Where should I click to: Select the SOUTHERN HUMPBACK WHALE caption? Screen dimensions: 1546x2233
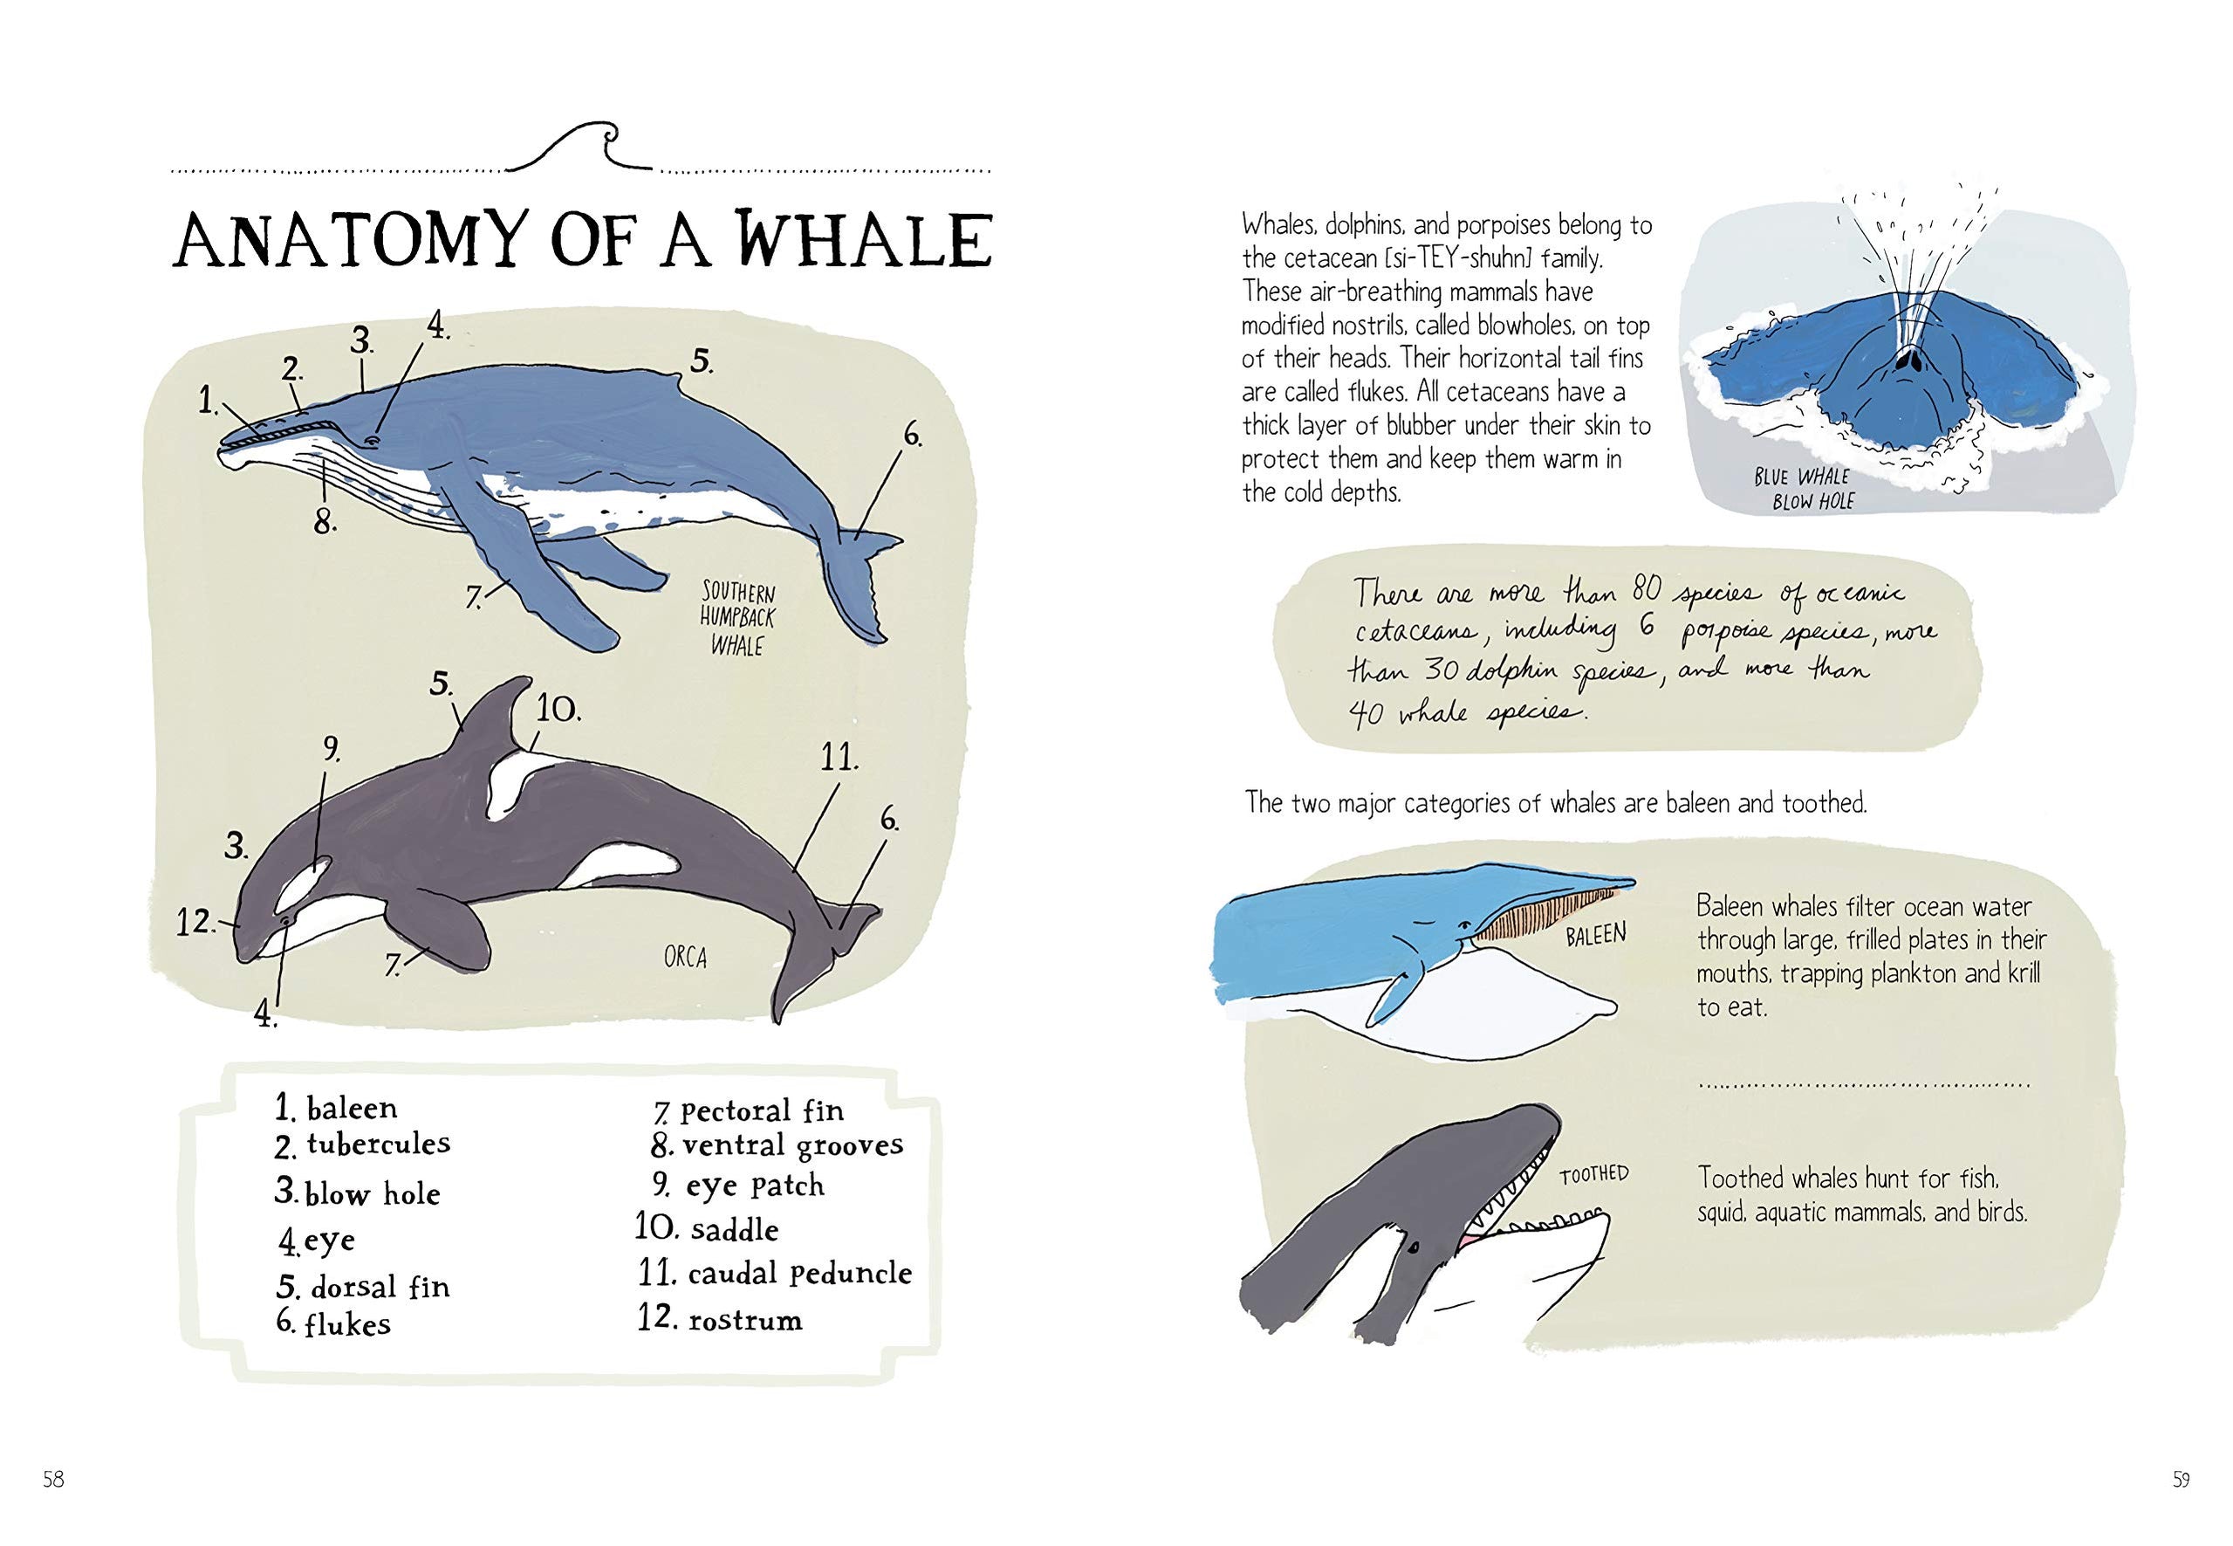(738, 618)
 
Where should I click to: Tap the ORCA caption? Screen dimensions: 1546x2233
(686, 957)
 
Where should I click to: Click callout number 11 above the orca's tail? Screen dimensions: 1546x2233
(839, 758)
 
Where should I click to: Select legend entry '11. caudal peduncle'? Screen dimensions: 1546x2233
(775, 1272)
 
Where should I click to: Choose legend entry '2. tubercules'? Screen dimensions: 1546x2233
(363, 1145)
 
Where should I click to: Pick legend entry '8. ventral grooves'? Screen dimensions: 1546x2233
(777, 1145)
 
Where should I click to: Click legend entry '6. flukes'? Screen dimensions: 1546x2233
(334, 1323)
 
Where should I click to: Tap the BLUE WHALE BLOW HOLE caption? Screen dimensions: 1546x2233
(1802, 489)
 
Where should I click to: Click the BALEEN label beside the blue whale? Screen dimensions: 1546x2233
(1596, 936)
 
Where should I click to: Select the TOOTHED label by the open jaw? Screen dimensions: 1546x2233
(1594, 1174)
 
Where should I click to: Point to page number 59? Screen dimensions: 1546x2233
(2181, 1507)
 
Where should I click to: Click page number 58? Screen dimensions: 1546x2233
(53, 1507)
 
